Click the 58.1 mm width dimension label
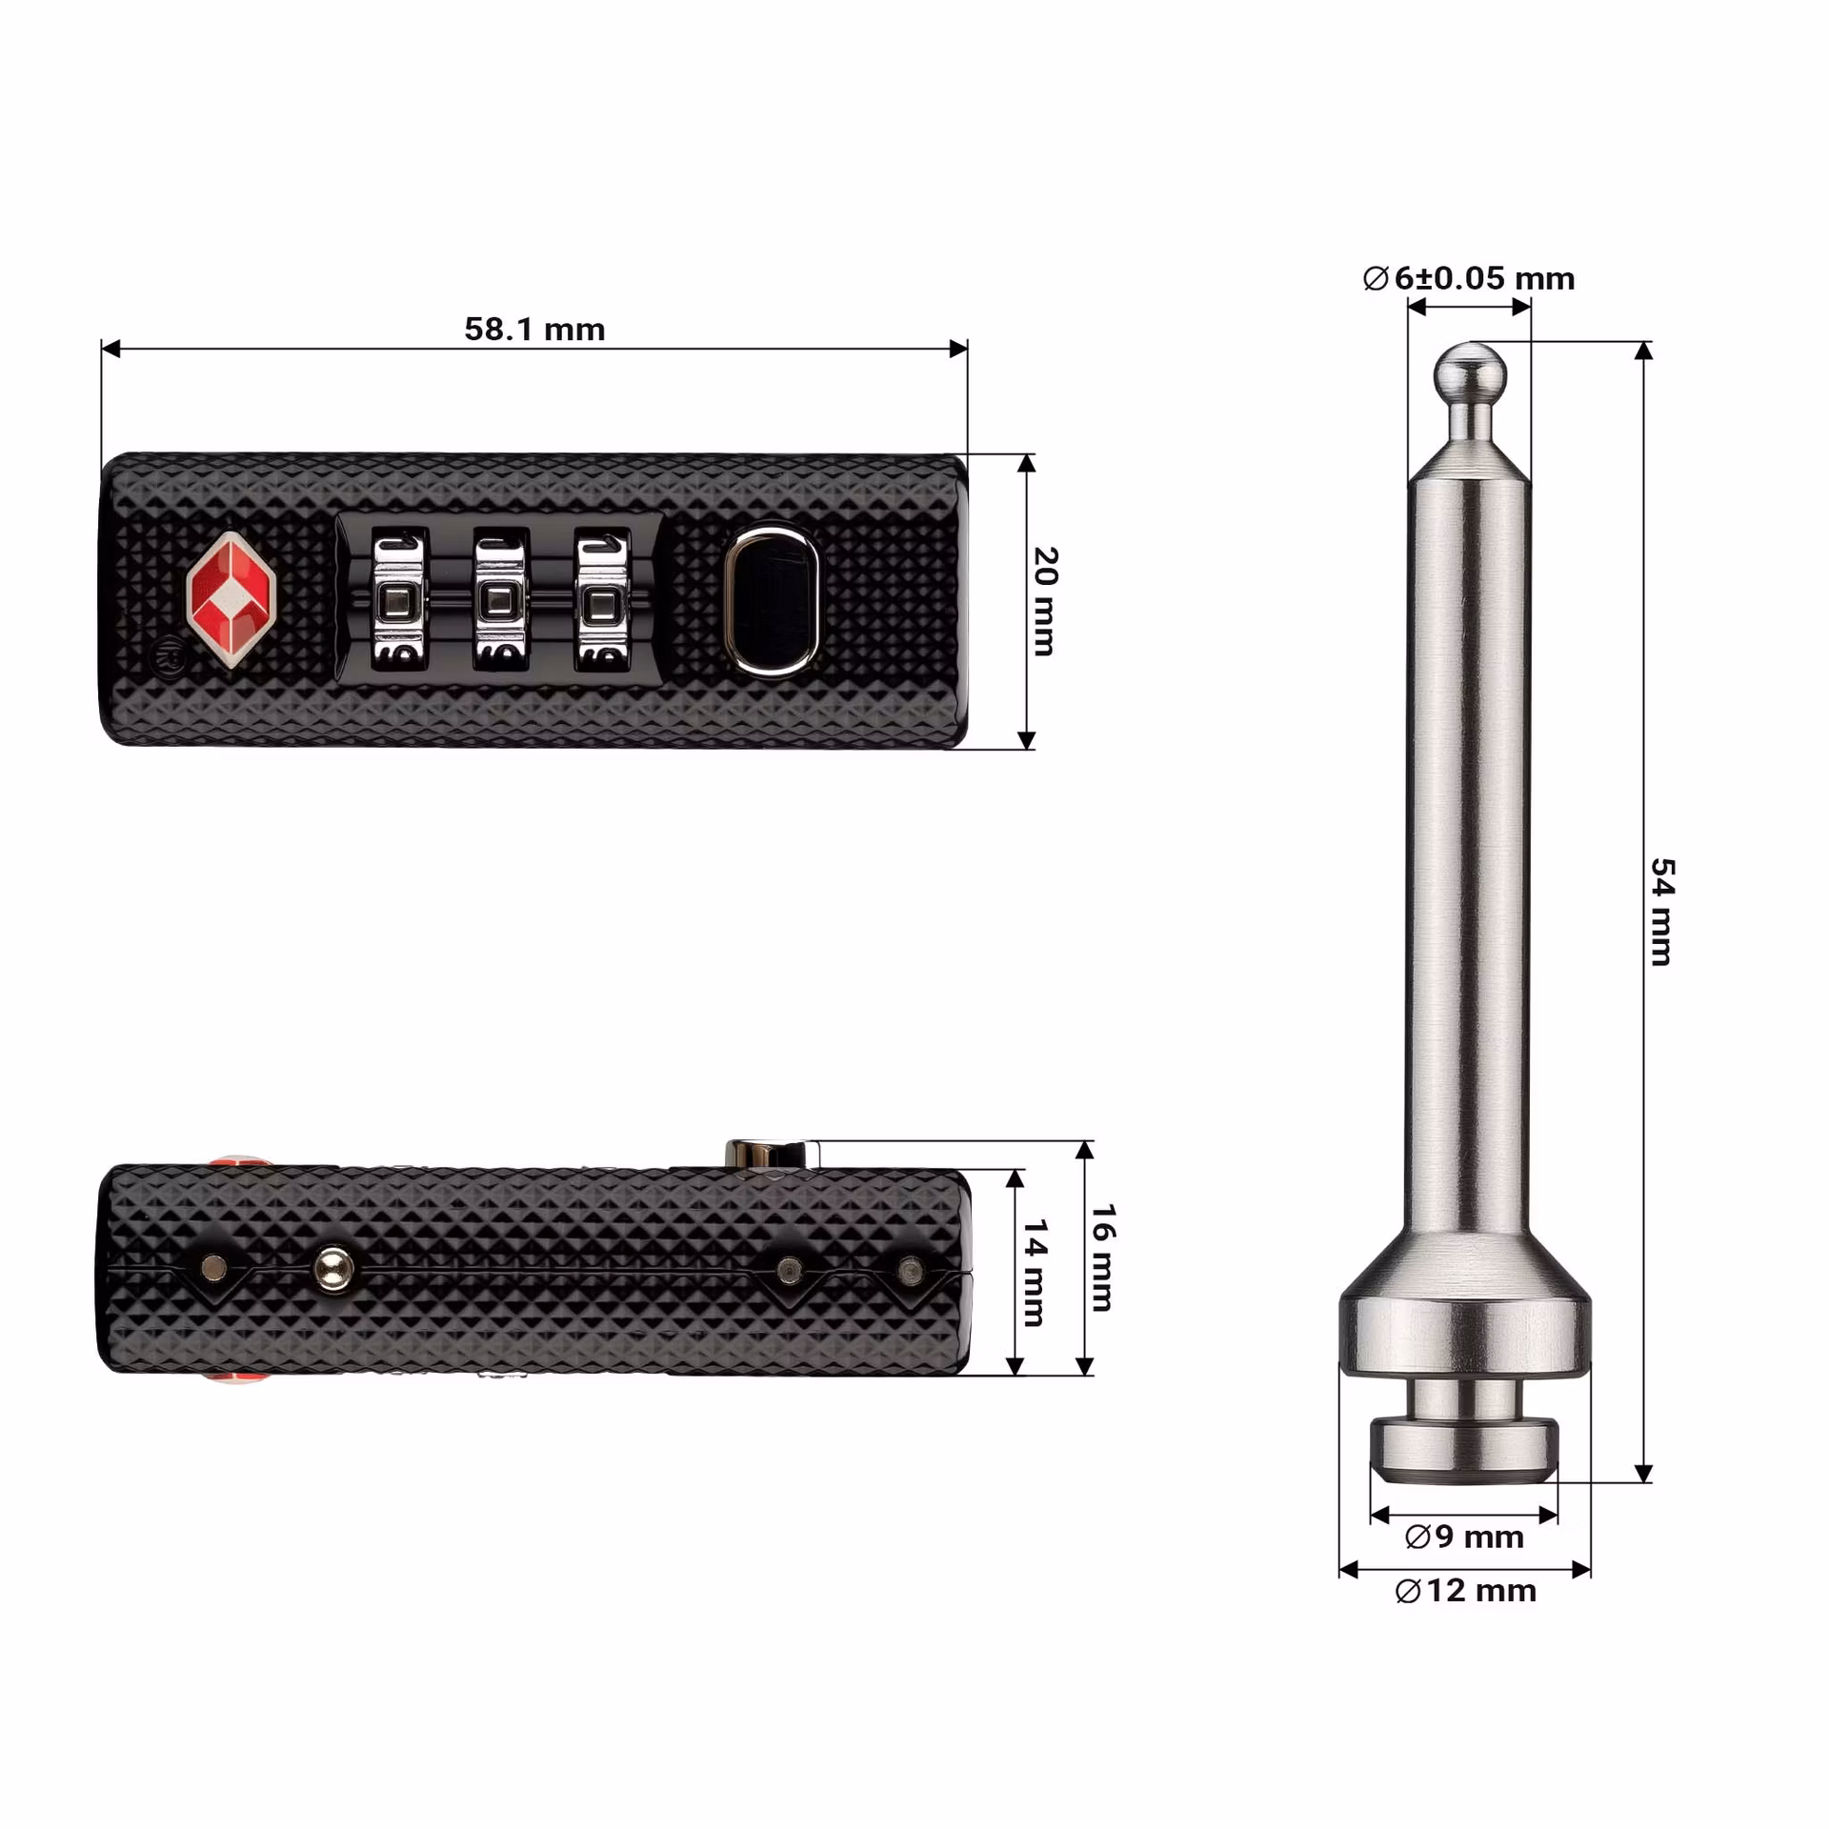pyautogui.click(x=534, y=329)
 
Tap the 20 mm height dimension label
pyautogui.click(x=1045, y=601)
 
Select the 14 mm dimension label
pyautogui.click(x=1035, y=1273)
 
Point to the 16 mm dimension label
pyautogui.click(x=1102, y=1257)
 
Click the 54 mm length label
pyautogui.click(x=1662, y=912)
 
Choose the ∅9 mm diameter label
pyautogui.click(x=1464, y=1537)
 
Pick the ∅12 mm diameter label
pyautogui.click(x=1465, y=1590)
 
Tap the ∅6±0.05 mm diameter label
pyautogui.click(x=1468, y=278)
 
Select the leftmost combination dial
pyautogui.click(x=396, y=600)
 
